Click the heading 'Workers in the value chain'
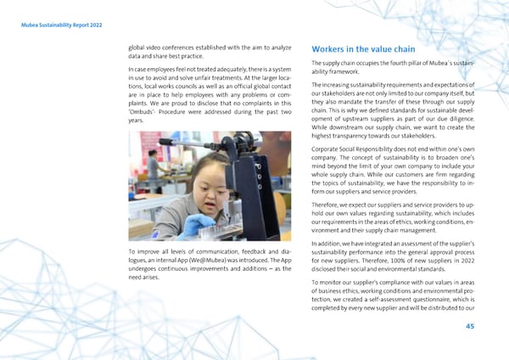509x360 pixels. click(x=366, y=48)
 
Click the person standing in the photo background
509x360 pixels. click(x=153, y=165)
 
